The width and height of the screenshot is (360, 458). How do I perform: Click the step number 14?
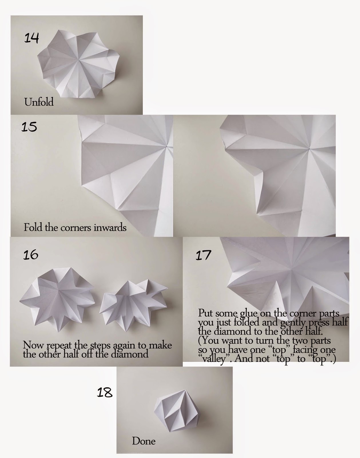click(x=31, y=38)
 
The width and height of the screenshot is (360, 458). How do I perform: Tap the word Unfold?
click(x=39, y=102)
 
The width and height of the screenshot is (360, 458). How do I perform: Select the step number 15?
click(x=29, y=127)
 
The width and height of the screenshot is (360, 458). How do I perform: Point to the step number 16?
click(x=31, y=254)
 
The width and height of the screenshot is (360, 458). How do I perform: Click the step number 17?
click(x=203, y=255)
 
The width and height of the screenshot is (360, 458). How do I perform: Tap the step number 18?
click(x=105, y=392)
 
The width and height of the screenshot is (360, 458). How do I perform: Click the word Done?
click(x=144, y=441)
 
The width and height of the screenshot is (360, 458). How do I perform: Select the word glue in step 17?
click(x=249, y=313)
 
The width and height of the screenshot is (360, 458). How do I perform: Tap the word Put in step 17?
click(x=206, y=313)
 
